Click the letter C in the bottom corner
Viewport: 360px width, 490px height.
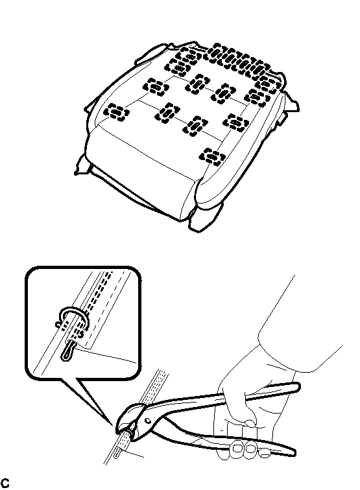5,483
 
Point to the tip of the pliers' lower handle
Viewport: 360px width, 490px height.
291,452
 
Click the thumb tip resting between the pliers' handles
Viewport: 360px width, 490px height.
250,423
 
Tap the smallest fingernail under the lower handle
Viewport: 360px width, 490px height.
265,452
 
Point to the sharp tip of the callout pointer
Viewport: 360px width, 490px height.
113,425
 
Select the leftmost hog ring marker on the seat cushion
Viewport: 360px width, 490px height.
116,112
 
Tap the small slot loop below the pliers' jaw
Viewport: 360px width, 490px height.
117,452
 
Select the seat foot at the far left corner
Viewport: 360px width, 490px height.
82,164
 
